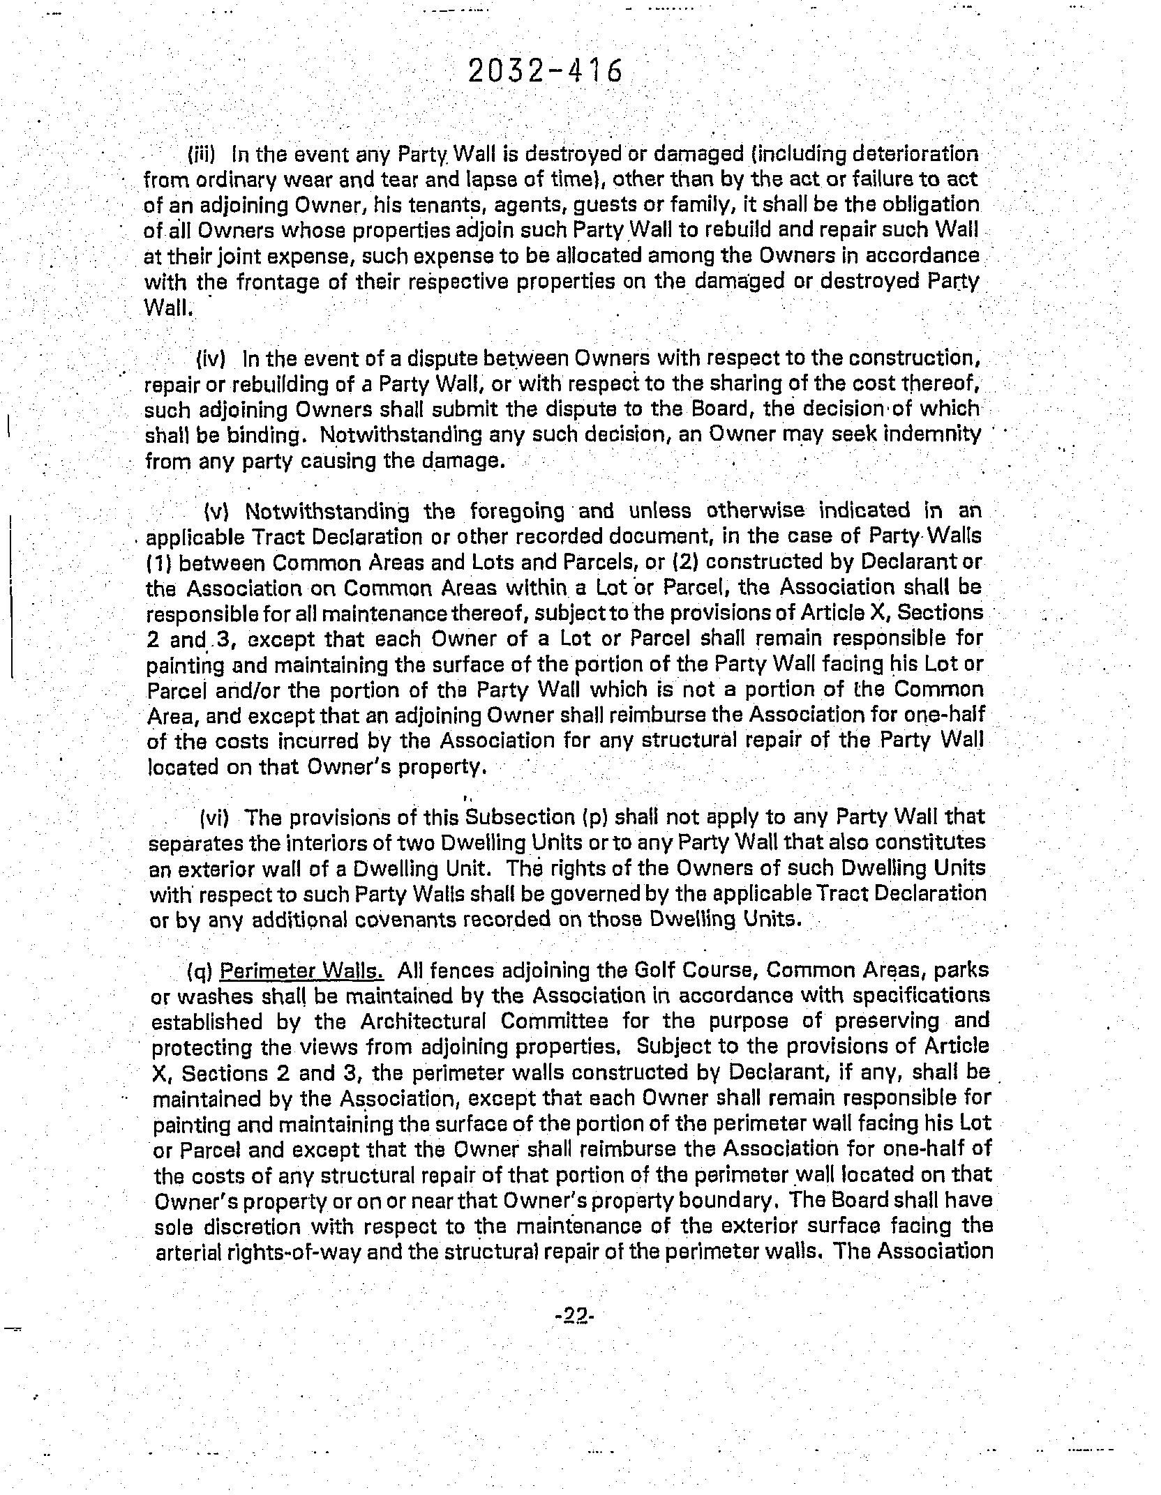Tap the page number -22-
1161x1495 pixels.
[x=574, y=1316]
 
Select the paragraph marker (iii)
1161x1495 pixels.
[x=203, y=153]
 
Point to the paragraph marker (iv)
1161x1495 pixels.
[x=211, y=359]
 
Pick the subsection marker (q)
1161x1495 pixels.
[x=200, y=971]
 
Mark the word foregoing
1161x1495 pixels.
[x=517, y=511]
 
